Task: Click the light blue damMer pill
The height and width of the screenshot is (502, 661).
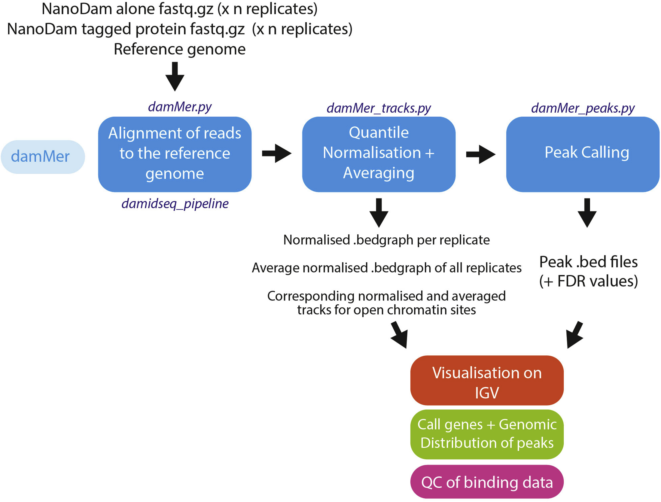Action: (x=43, y=157)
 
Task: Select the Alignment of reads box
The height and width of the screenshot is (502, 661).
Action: (x=175, y=154)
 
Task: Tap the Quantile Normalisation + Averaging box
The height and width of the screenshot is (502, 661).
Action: (x=379, y=154)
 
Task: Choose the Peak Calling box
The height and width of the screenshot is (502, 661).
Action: (x=583, y=154)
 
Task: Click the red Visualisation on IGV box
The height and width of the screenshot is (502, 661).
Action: (x=487, y=380)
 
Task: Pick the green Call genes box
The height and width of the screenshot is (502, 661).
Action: (x=487, y=434)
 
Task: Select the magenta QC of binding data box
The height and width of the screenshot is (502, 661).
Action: (x=487, y=482)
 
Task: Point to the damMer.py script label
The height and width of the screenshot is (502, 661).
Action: (x=180, y=107)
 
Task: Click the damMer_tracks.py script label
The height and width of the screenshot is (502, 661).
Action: (x=379, y=108)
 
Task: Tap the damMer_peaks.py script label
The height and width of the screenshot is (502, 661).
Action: (x=583, y=108)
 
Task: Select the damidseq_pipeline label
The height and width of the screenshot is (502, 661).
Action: (x=175, y=204)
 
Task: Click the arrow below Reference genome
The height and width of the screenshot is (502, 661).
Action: (x=175, y=76)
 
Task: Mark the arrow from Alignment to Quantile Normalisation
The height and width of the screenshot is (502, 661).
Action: (x=276, y=154)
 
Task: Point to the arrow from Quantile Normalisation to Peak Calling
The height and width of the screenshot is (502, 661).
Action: (x=480, y=154)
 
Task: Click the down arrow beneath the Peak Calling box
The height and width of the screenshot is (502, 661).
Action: (x=587, y=213)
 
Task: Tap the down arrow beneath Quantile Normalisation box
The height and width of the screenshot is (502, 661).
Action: (x=379, y=213)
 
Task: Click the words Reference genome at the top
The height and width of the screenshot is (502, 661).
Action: (x=179, y=49)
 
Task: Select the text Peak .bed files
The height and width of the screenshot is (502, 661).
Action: (x=588, y=262)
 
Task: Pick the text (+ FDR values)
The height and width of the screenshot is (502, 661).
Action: (x=588, y=281)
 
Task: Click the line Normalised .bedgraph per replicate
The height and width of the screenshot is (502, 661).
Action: (x=386, y=240)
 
